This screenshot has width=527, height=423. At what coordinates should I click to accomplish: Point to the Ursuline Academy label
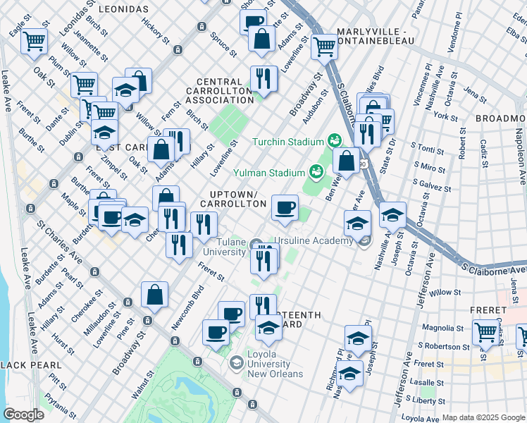(314, 241)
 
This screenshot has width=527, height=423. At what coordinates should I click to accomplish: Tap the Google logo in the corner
(23, 415)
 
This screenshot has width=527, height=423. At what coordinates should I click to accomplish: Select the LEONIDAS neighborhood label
(123, 8)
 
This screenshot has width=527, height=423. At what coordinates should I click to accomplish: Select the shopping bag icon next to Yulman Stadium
(346, 160)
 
